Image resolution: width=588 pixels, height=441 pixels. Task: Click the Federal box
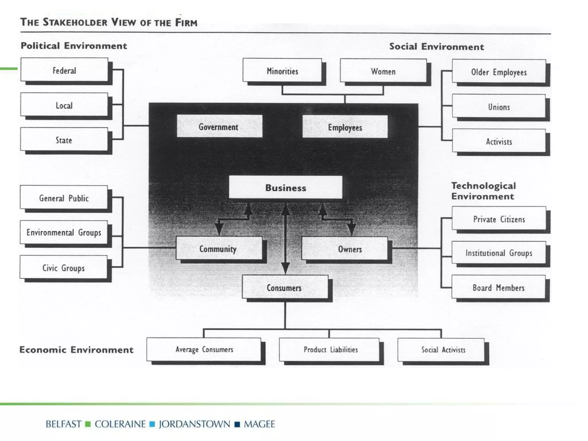point(64,70)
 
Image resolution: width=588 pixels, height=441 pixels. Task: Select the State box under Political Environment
point(64,140)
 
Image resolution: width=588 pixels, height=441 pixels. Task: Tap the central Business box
point(285,187)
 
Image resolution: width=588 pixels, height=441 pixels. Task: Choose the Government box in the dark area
point(219,127)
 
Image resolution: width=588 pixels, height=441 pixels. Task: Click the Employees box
point(345,127)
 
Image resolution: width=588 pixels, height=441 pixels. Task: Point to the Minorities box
point(282,71)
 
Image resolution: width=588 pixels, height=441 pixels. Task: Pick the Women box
point(383,71)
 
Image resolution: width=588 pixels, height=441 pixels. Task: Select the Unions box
point(499,107)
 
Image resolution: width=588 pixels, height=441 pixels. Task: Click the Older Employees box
point(499,72)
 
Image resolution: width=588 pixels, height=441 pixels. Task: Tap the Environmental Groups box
point(64,232)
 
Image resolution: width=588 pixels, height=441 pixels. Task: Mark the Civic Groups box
point(63,268)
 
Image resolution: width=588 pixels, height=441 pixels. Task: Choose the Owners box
point(345,249)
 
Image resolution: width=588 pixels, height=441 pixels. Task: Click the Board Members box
point(498,287)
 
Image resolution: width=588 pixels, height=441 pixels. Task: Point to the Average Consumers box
point(204,349)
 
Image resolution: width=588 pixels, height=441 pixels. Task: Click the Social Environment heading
point(436,47)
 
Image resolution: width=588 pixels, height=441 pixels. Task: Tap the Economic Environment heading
point(76,349)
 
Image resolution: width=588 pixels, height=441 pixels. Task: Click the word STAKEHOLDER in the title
point(75,22)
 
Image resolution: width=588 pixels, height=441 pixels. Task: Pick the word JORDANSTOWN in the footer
point(194,424)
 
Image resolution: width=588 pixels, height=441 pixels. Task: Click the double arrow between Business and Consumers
point(285,238)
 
